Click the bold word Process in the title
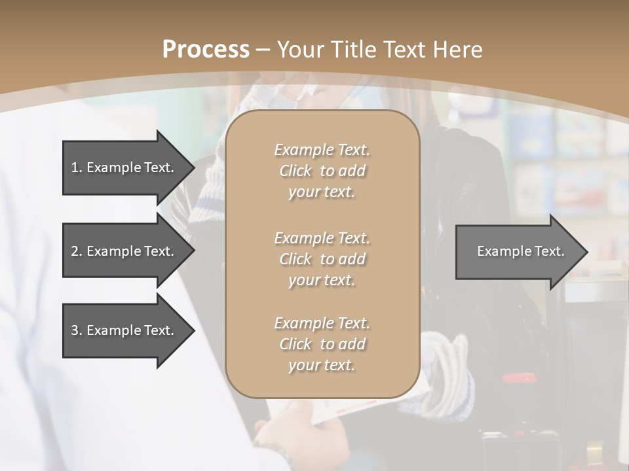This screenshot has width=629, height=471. click(206, 49)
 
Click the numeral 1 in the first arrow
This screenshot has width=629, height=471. click(75, 167)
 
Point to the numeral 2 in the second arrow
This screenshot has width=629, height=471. click(75, 251)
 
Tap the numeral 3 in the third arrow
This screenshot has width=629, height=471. click(75, 330)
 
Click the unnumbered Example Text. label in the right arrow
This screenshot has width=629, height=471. click(521, 251)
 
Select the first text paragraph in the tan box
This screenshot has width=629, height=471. click(322, 171)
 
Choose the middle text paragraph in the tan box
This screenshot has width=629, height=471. click(322, 259)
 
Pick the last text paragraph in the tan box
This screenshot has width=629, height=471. click(322, 344)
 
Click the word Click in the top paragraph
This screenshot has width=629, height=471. click(295, 171)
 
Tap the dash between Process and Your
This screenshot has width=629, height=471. click(263, 50)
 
